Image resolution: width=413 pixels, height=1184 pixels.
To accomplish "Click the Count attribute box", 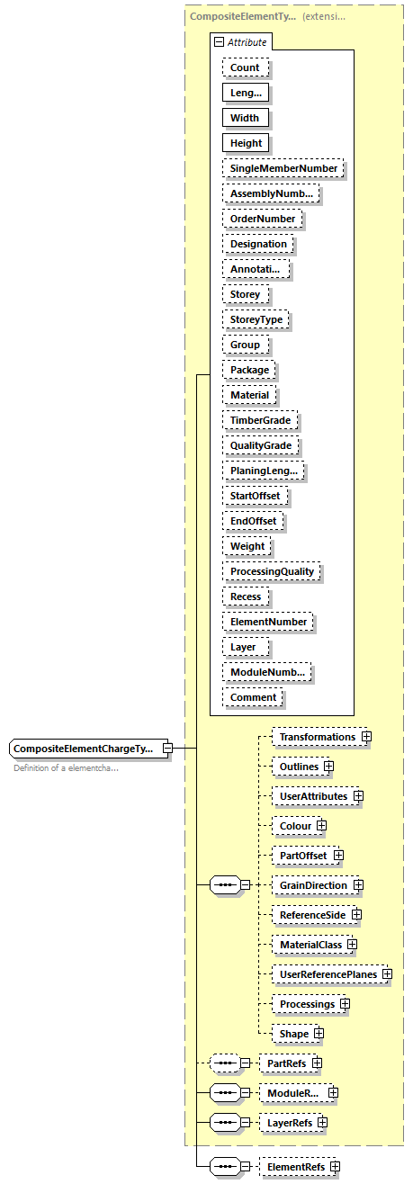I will click(x=245, y=67).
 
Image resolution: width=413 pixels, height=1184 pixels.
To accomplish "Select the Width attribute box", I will click(x=245, y=118).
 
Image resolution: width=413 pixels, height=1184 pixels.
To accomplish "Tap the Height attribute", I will click(x=246, y=143).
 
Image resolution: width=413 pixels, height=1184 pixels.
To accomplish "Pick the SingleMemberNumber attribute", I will click(x=283, y=168).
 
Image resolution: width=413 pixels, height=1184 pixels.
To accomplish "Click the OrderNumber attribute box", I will click(x=263, y=219).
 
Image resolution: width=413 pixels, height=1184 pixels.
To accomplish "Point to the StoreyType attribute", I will click(x=256, y=319).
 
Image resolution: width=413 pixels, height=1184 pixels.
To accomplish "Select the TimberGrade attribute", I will click(x=261, y=420).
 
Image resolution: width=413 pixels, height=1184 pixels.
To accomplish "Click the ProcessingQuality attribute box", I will click(x=272, y=571).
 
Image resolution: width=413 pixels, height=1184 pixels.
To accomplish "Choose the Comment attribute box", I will click(x=253, y=697).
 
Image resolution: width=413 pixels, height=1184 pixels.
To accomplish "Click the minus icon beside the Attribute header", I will click(x=219, y=42).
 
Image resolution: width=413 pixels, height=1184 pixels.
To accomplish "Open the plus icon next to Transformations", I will click(x=366, y=737).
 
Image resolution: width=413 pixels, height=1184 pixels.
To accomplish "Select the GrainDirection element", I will click(x=312, y=885).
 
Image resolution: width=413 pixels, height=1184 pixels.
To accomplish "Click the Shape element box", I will click(x=293, y=1034).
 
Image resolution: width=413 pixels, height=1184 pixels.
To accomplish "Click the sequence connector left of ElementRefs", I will click(x=223, y=1168).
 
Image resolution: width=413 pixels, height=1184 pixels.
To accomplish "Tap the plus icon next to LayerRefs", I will click(x=322, y=1123).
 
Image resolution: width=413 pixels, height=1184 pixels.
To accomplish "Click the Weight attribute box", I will click(x=247, y=546).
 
